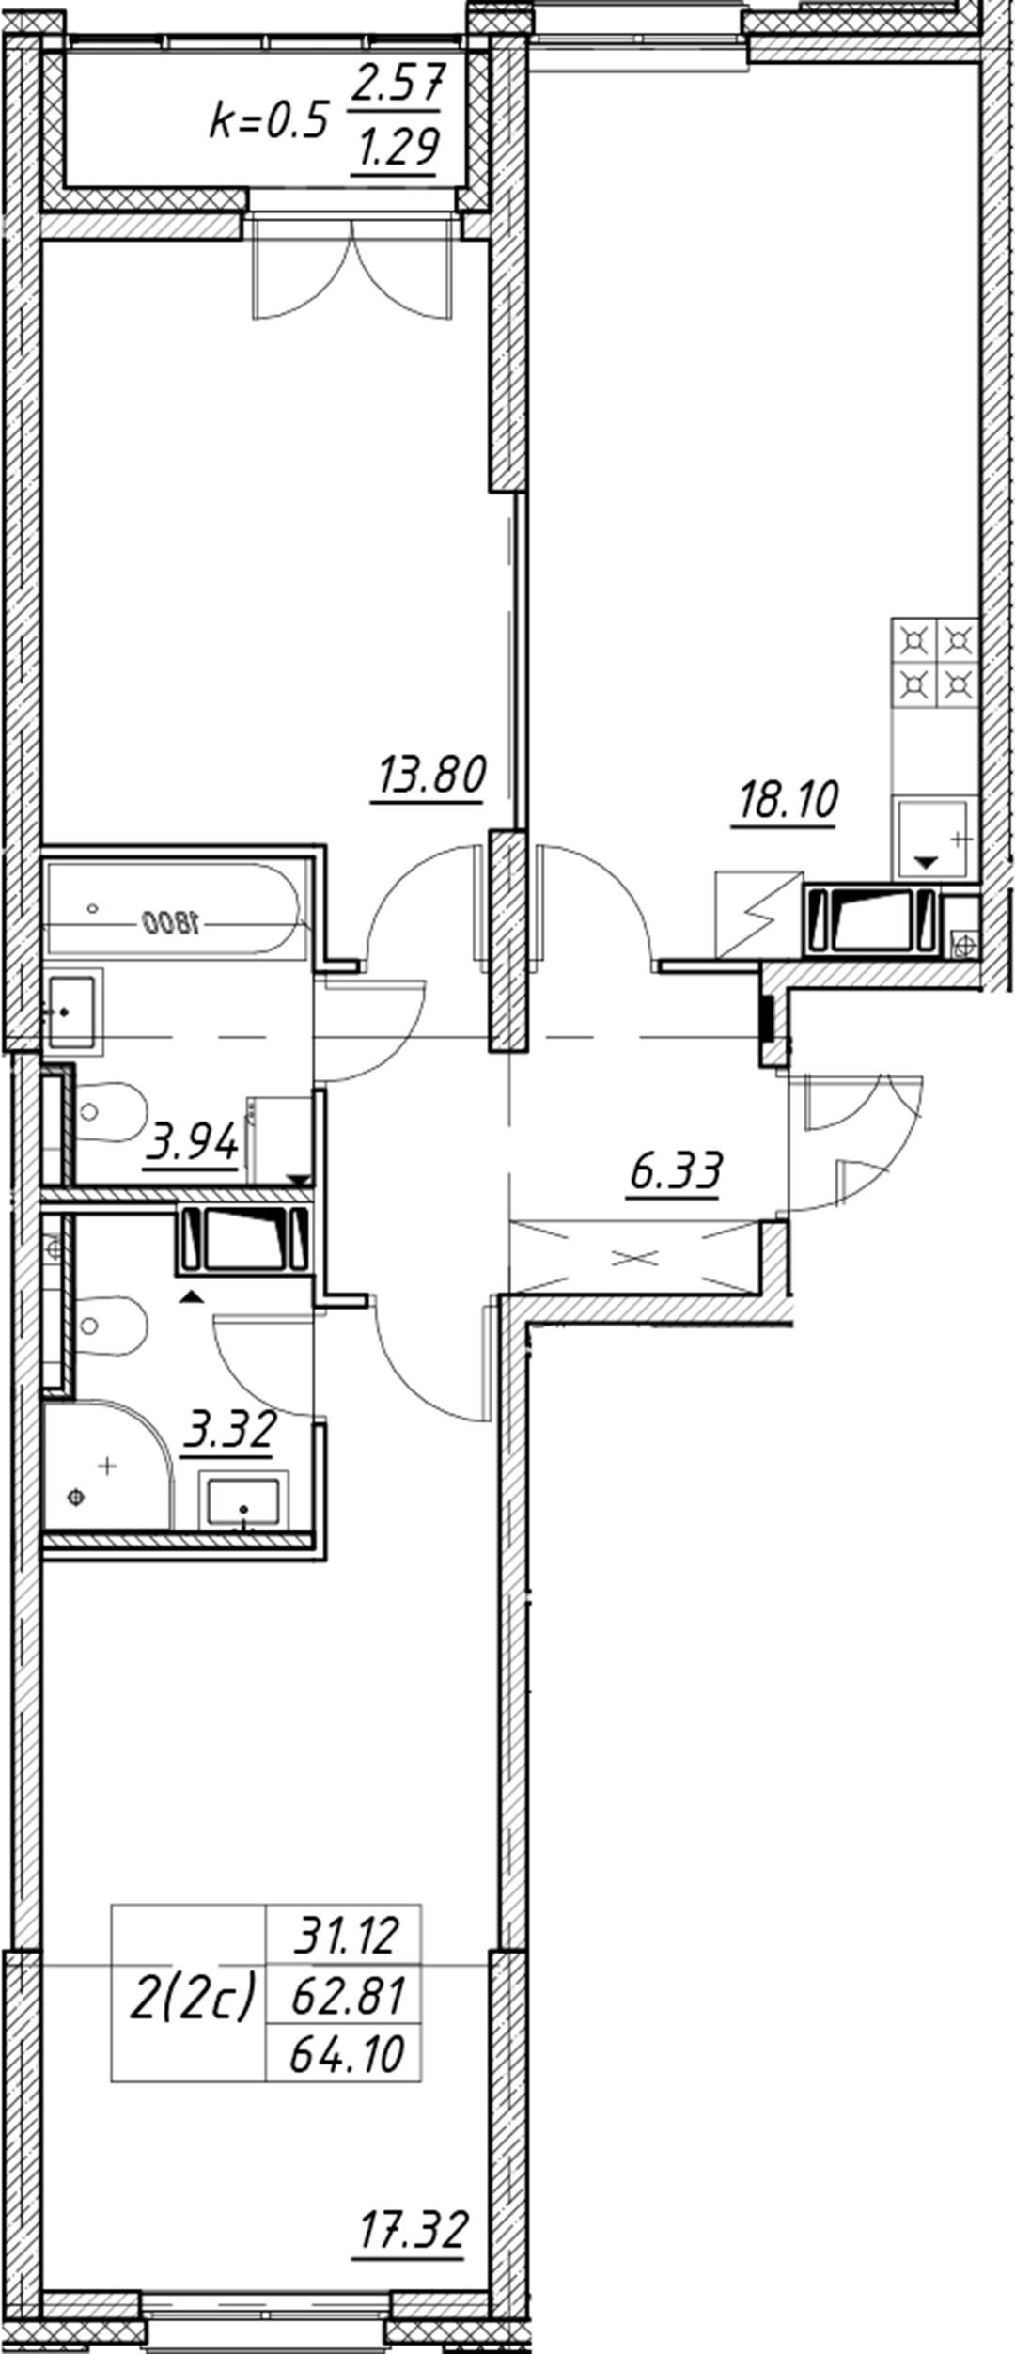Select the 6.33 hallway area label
pyautogui.click(x=677, y=1172)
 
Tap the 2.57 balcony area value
pyautogui.click(x=397, y=86)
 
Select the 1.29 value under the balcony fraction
pyautogui.click(x=397, y=147)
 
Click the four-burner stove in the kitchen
pyautogui.click(x=935, y=662)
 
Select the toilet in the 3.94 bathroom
pyautogui.click(x=111, y=1113)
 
